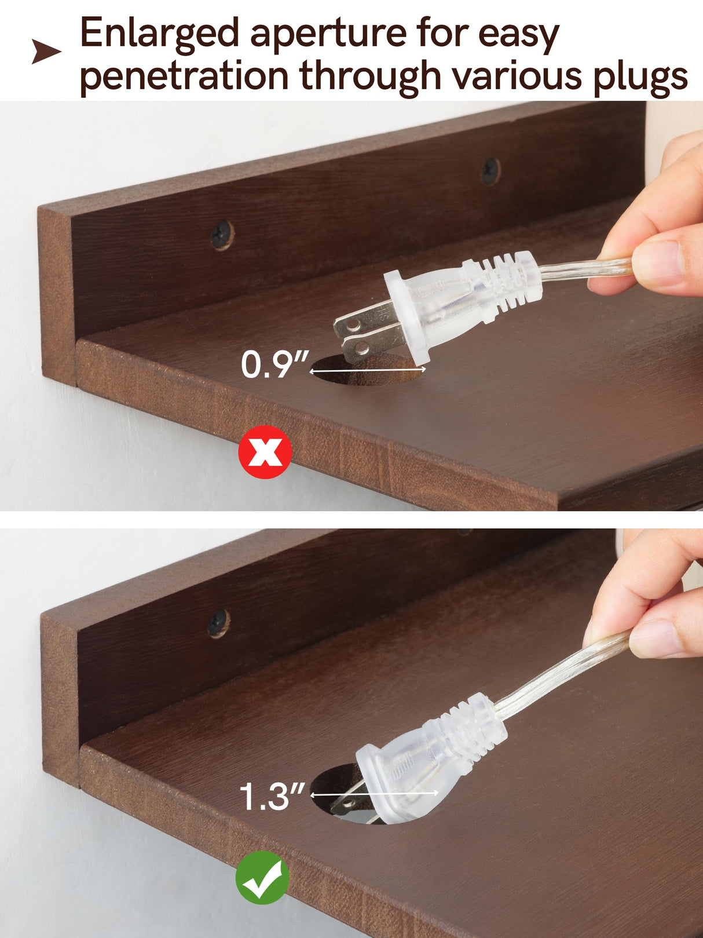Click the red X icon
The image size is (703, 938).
tap(265, 452)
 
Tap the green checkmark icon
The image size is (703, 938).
tap(262, 877)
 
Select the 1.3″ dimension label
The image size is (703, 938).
tap(272, 796)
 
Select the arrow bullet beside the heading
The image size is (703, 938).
tap(46, 52)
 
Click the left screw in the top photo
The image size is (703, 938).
tap(222, 234)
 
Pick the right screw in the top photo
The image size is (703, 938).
tap(490, 171)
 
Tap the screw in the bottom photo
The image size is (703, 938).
tap(219, 623)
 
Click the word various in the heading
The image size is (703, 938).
tap(517, 76)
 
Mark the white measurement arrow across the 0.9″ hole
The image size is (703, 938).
tap(368, 370)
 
